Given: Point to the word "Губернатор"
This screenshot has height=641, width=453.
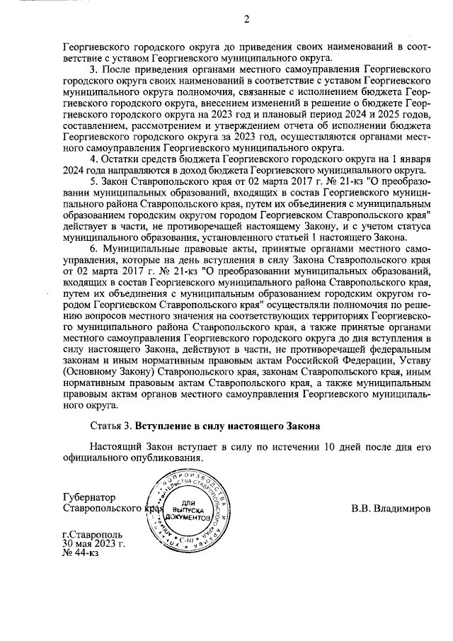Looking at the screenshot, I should (88, 498).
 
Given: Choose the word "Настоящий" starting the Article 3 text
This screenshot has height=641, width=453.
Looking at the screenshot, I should (116, 448).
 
